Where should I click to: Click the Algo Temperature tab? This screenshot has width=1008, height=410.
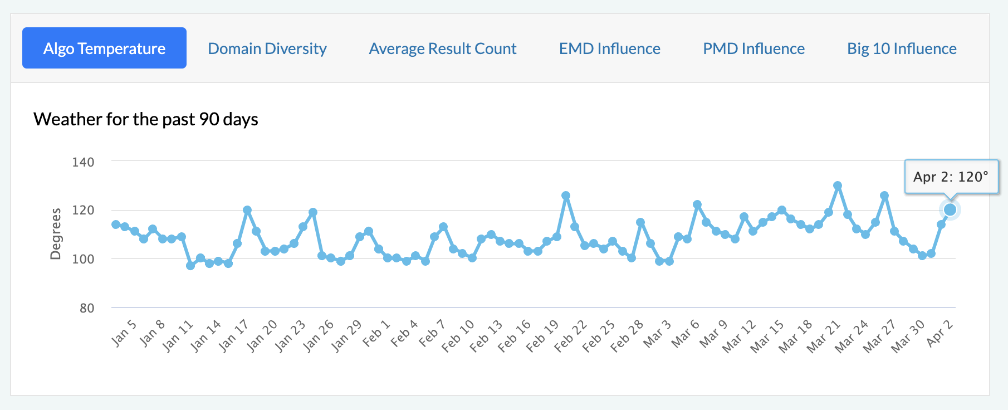(104, 48)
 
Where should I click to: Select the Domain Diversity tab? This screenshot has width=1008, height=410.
(267, 48)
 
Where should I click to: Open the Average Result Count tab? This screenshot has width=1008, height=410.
(443, 48)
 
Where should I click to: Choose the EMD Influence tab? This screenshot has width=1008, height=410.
(610, 48)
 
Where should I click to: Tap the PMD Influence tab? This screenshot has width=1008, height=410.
(753, 48)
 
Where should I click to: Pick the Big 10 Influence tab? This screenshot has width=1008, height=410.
(902, 48)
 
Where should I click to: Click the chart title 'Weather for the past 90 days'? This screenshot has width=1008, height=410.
(146, 119)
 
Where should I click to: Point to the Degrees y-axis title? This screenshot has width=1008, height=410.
(56, 234)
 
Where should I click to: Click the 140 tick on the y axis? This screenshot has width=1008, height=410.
(83, 162)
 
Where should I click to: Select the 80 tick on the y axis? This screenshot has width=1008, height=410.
(87, 308)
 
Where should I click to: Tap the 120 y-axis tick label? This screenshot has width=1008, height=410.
(83, 211)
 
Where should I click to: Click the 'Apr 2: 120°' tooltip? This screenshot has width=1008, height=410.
(951, 177)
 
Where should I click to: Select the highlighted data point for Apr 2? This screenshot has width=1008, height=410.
(950, 210)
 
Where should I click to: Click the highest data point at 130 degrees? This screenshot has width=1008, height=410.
(838, 186)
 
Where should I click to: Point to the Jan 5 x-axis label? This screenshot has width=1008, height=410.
(124, 333)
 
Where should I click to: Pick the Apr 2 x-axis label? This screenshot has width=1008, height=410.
(940, 333)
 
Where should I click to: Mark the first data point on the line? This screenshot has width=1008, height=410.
(116, 224)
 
